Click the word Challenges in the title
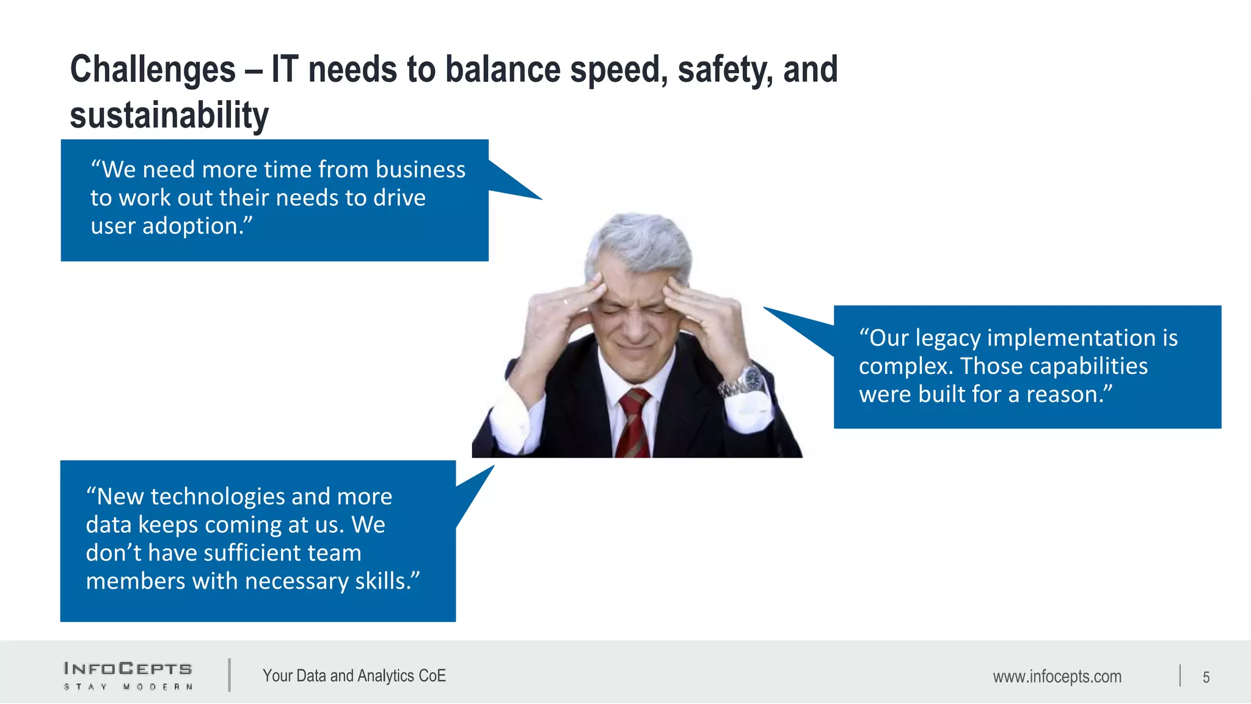tap(153, 69)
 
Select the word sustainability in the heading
tap(169, 116)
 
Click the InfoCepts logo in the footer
tap(128, 675)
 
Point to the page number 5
tap(1206, 677)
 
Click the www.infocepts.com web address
tap(1057, 676)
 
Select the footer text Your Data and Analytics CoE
tap(354, 675)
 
